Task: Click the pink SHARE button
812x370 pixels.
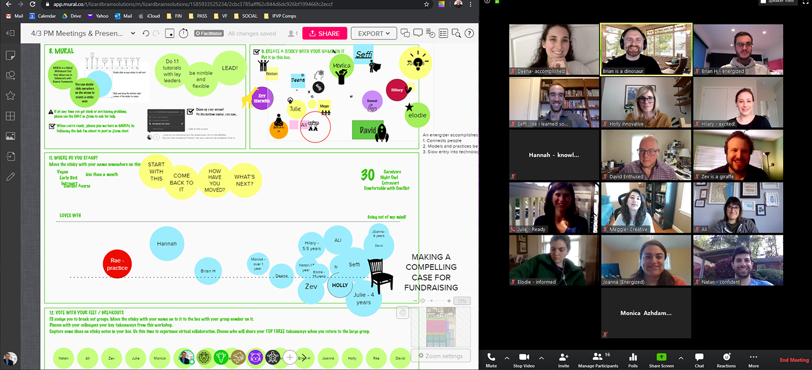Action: click(x=324, y=33)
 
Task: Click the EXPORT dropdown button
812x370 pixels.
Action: click(x=373, y=33)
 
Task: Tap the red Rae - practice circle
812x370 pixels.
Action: click(x=117, y=265)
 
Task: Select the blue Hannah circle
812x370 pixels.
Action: click(x=167, y=243)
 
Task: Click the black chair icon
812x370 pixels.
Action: click(x=380, y=275)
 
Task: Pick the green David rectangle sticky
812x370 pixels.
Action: click(x=367, y=130)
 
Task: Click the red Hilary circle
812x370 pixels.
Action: click(x=397, y=90)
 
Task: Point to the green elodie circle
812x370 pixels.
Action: click(x=417, y=115)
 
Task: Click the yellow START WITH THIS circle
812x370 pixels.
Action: click(x=156, y=171)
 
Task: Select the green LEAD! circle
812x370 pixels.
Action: click(x=230, y=68)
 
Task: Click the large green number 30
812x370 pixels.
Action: click(x=368, y=175)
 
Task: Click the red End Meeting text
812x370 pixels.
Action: click(x=794, y=360)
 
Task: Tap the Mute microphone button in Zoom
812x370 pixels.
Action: click(x=491, y=359)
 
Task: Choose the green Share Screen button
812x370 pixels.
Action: click(x=661, y=359)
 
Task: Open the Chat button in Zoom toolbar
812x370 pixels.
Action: click(x=699, y=359)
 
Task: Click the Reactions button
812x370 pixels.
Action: click(x=726, y=359)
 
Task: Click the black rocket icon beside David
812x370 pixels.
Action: click(x=382, y=132)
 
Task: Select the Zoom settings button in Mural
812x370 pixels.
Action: click(x=440, y=356)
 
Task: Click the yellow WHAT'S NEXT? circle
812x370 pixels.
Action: click(x=245, y=180)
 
